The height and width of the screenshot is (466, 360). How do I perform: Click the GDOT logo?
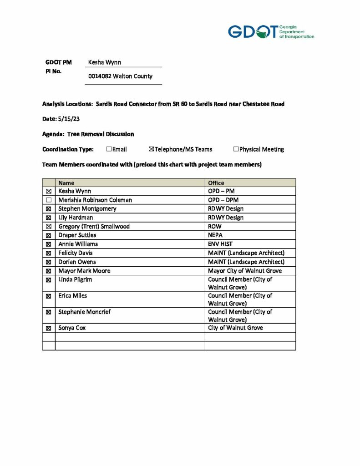270,32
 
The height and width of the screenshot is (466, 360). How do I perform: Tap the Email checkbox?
109,149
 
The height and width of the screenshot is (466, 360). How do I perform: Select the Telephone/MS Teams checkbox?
152,149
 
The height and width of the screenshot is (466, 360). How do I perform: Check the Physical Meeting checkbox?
236,149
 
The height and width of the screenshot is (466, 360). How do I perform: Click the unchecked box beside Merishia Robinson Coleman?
49,200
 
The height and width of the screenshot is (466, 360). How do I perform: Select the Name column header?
66,183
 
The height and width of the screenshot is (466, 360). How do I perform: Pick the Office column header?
216,183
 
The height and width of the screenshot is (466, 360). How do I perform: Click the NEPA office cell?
215,235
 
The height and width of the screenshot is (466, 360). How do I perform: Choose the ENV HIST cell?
220,244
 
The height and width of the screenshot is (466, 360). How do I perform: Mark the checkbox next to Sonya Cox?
49,328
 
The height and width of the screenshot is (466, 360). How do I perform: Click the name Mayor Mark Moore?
84,271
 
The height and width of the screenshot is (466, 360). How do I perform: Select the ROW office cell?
214,226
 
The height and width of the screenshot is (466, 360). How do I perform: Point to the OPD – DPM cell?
223,200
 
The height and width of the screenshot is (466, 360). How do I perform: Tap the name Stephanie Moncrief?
85,312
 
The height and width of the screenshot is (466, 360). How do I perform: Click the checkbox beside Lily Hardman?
49,218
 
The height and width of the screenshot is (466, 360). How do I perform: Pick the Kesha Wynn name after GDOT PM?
105,62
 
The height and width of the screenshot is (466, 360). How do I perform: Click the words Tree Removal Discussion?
101,134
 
